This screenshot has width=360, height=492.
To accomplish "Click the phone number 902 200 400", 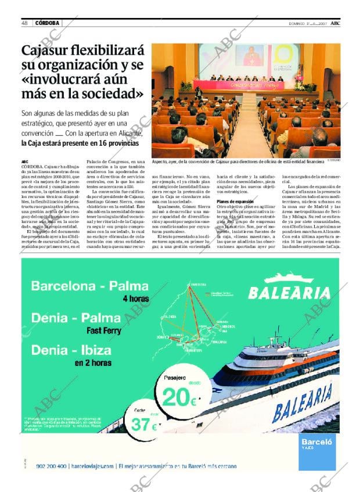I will point(51,466).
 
